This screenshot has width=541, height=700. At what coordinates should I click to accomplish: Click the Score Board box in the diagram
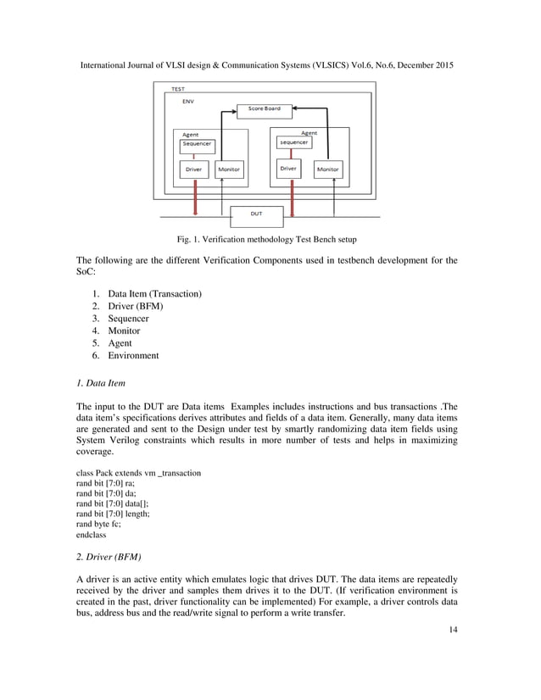pos(264,108)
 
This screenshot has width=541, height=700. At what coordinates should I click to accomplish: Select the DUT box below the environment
pos(256,214)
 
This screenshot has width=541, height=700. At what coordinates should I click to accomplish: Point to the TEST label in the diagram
pos(179,89)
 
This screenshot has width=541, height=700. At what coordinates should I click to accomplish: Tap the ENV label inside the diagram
pos(187,101)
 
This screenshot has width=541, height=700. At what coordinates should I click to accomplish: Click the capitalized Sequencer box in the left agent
pos(198,144)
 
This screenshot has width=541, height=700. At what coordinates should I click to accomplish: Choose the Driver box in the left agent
pos(195,169)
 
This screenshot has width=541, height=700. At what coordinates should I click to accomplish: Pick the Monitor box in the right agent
pos(327,169)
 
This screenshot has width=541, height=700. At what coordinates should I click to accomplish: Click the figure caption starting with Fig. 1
pos(267,239)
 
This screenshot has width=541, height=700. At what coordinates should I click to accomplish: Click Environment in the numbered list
pos(133,356)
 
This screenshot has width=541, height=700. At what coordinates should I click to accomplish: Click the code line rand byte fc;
pos(98,524)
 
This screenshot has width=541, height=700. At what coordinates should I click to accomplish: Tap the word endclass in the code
pos(92,536)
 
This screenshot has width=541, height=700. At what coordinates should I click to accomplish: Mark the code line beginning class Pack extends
pos(138,472)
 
